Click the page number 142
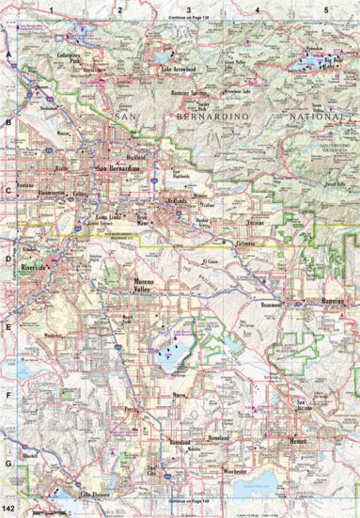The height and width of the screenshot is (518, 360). [11, 507]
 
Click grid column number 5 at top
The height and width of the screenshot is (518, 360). [325, 9]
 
